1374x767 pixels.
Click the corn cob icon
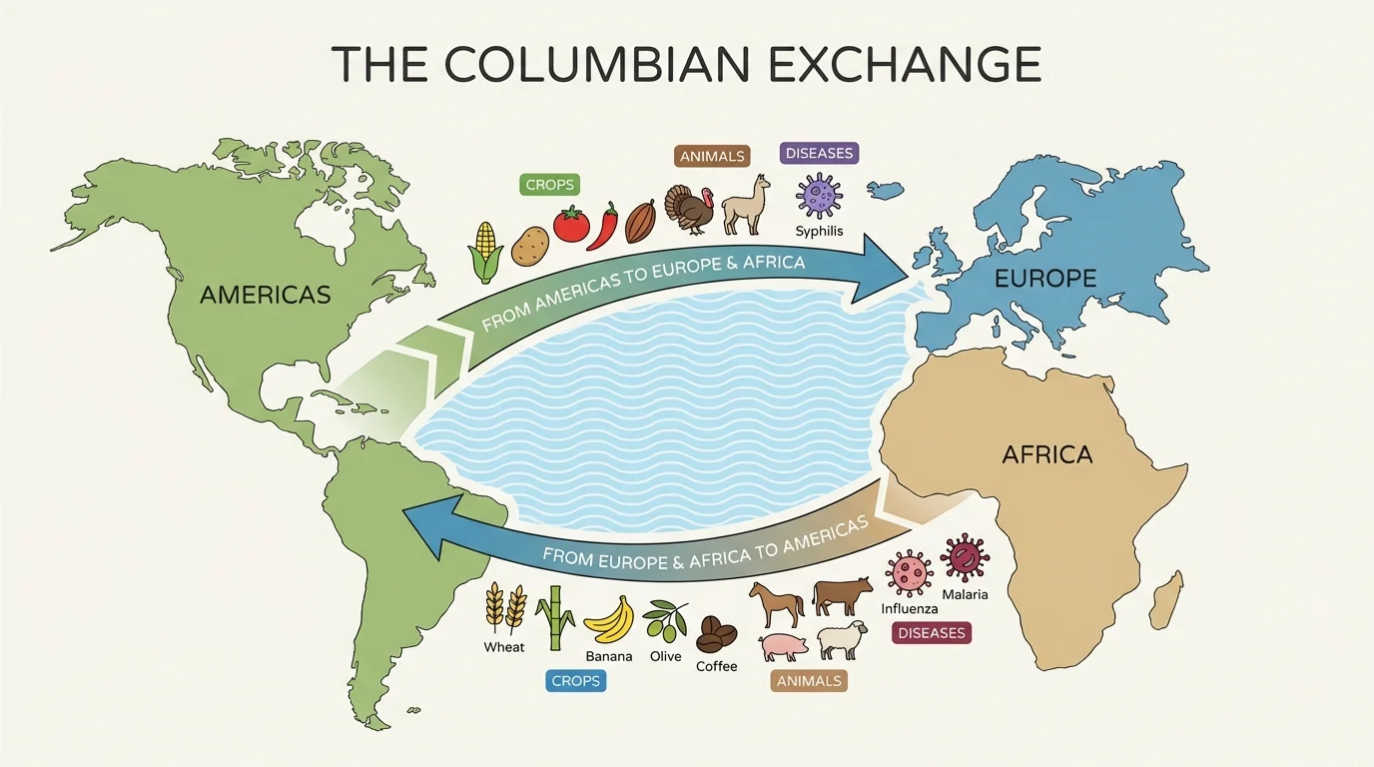pyautogui.click(x=485, y=252)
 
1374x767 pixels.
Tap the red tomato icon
pyautogui.click(x=572, y=224)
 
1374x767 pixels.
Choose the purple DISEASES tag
pyautogui.click(x=819, y=154)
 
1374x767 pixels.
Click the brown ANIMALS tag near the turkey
pyautogui.click(x=712, y=156)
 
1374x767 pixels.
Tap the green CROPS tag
pyautogui.click(x=549, y=185)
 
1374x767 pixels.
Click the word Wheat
pyautogui.click(x=504, y=647)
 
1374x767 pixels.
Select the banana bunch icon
pyautogui.click(x=608, y=618)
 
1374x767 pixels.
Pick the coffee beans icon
pyautogui.click(x=716, y=633)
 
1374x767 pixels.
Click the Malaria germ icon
pyautogui.click(x=965, y=557)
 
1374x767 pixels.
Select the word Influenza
pyautogui.click(x=910, y=608)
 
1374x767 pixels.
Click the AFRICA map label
pyautogui.click(x=1046, y=454)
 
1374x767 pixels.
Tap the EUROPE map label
pyautogui.click(x=1044, y=279)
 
